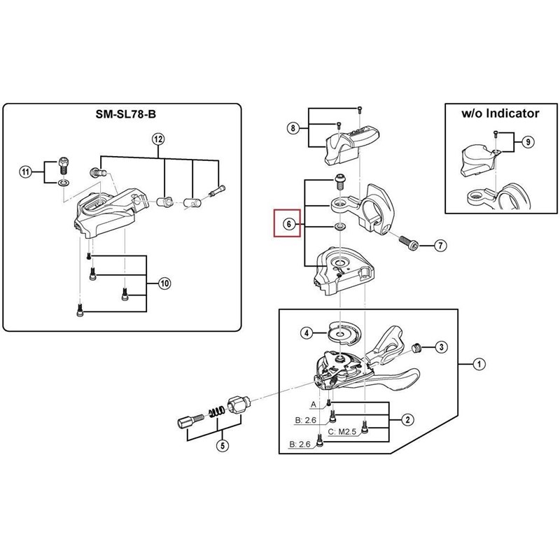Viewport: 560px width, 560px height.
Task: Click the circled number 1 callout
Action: [479, 364]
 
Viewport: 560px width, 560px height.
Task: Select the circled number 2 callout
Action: [408, 419]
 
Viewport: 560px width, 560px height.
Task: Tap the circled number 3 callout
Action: [442, 346]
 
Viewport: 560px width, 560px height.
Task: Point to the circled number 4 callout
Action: [307, 333]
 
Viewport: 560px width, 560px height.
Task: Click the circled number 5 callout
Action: [223, 446]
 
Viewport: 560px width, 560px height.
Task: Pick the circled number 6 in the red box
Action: [289, 224]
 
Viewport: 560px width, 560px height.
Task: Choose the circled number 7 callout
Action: [441, 246]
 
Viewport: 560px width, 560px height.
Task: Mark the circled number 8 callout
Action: [293, 128]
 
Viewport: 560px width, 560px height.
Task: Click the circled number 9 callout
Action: [528, 142]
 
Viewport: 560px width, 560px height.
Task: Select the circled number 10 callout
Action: [164, 283]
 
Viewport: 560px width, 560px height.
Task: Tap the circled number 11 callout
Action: [25, 172]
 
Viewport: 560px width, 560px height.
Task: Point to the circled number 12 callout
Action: [159, 139]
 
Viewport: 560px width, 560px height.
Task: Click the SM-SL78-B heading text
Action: [126, 114]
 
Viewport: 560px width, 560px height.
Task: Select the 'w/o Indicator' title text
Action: [500, 113]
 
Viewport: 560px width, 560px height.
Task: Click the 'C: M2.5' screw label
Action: [342, 432]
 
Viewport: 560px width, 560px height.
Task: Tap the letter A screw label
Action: [314, 405]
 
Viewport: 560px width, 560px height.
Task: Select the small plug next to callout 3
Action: [416, 347]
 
